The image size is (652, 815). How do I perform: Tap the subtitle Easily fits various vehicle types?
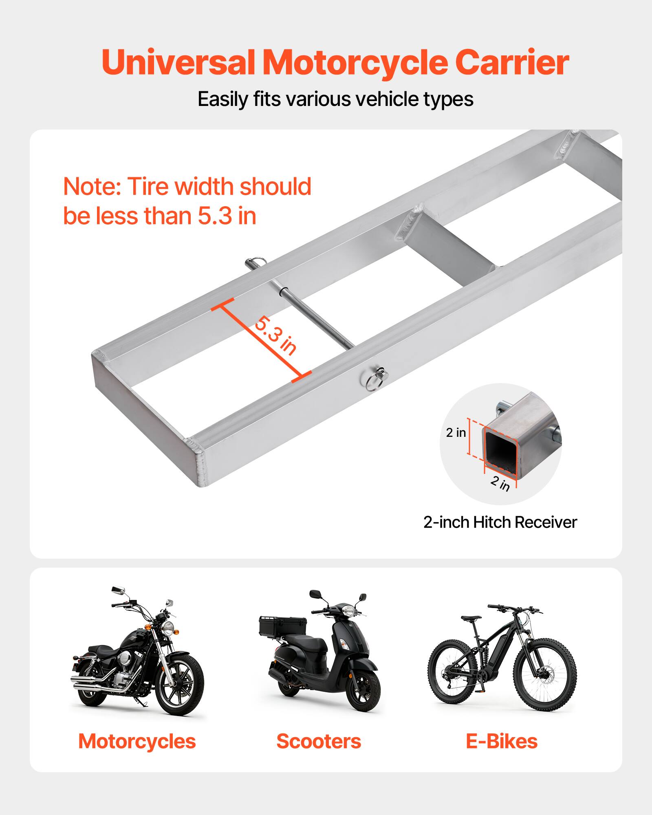335,99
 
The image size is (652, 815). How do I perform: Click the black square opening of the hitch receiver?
500,447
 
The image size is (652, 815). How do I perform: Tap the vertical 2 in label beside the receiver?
456,432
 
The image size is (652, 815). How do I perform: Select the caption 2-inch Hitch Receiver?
500,522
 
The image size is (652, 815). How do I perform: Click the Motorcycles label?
137,741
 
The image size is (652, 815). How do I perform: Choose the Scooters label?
319,741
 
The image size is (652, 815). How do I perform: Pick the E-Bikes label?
501,741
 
